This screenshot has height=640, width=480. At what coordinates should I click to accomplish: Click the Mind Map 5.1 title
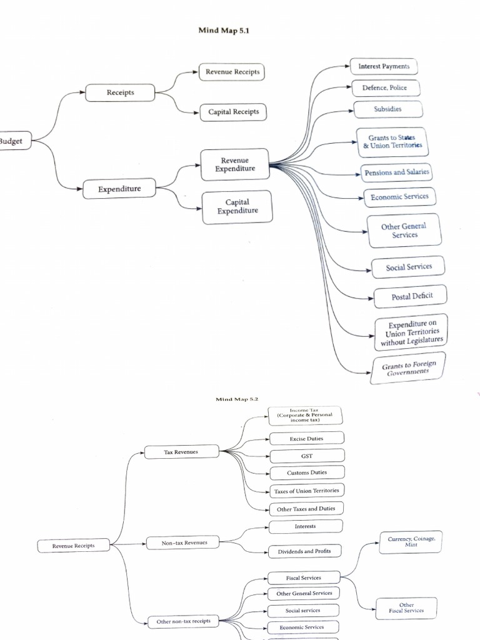click(x=223, y=30)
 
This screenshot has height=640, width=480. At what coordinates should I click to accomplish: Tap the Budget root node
click(x=11, y=141)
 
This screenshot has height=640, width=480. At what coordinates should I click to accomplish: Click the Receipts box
click(x=120, y=92)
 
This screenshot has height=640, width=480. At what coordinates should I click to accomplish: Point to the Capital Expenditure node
click(x=237, y=207)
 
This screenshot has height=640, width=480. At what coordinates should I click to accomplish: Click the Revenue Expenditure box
click(x=234, y=164)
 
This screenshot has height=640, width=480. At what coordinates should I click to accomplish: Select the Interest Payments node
click(x=384, y=66)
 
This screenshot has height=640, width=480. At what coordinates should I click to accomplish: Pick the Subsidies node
click(x=387, y=109)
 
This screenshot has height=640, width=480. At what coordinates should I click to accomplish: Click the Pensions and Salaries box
click(x=397, y=172)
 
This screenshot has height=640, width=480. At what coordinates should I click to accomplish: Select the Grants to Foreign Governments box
click(x=409, y=367)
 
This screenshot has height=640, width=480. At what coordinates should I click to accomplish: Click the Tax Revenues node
click(x=181, y=452)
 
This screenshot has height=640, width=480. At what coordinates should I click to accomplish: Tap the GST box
click(x=306, y=456)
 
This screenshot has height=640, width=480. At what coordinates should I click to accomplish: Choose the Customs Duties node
click(x=306, y=472)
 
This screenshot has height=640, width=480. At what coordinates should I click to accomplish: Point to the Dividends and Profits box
click(x=305, y=551)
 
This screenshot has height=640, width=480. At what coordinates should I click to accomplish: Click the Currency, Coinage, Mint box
click(x=411, y=541)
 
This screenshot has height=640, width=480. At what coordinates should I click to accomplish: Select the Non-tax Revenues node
click(x=184, y=543)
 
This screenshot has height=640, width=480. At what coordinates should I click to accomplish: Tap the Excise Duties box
click(x=306, y=439)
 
